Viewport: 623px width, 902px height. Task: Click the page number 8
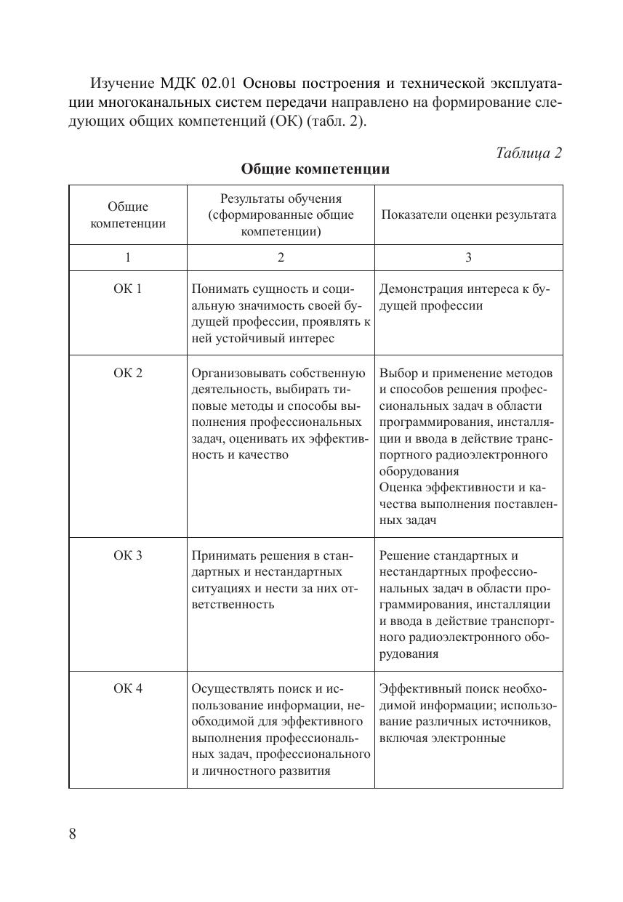point(73,834)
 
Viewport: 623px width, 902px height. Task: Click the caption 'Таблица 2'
point(528,153)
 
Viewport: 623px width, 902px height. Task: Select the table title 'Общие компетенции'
point(315,169)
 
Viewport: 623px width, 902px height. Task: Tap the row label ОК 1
point(128,289)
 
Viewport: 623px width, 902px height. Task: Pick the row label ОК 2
point(128,374)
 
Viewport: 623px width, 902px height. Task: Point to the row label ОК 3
point(128,556)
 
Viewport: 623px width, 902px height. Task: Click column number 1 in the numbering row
point(128,257)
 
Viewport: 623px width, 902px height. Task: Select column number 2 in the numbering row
point(281,257)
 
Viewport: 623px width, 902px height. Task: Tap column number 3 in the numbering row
point(468,257)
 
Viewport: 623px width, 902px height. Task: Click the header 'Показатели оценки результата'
point(468,215)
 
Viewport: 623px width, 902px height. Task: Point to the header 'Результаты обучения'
point(281,198)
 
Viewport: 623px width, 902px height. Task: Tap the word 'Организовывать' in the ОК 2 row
point(238,374)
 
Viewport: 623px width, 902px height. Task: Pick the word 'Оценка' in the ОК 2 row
point(400,488)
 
